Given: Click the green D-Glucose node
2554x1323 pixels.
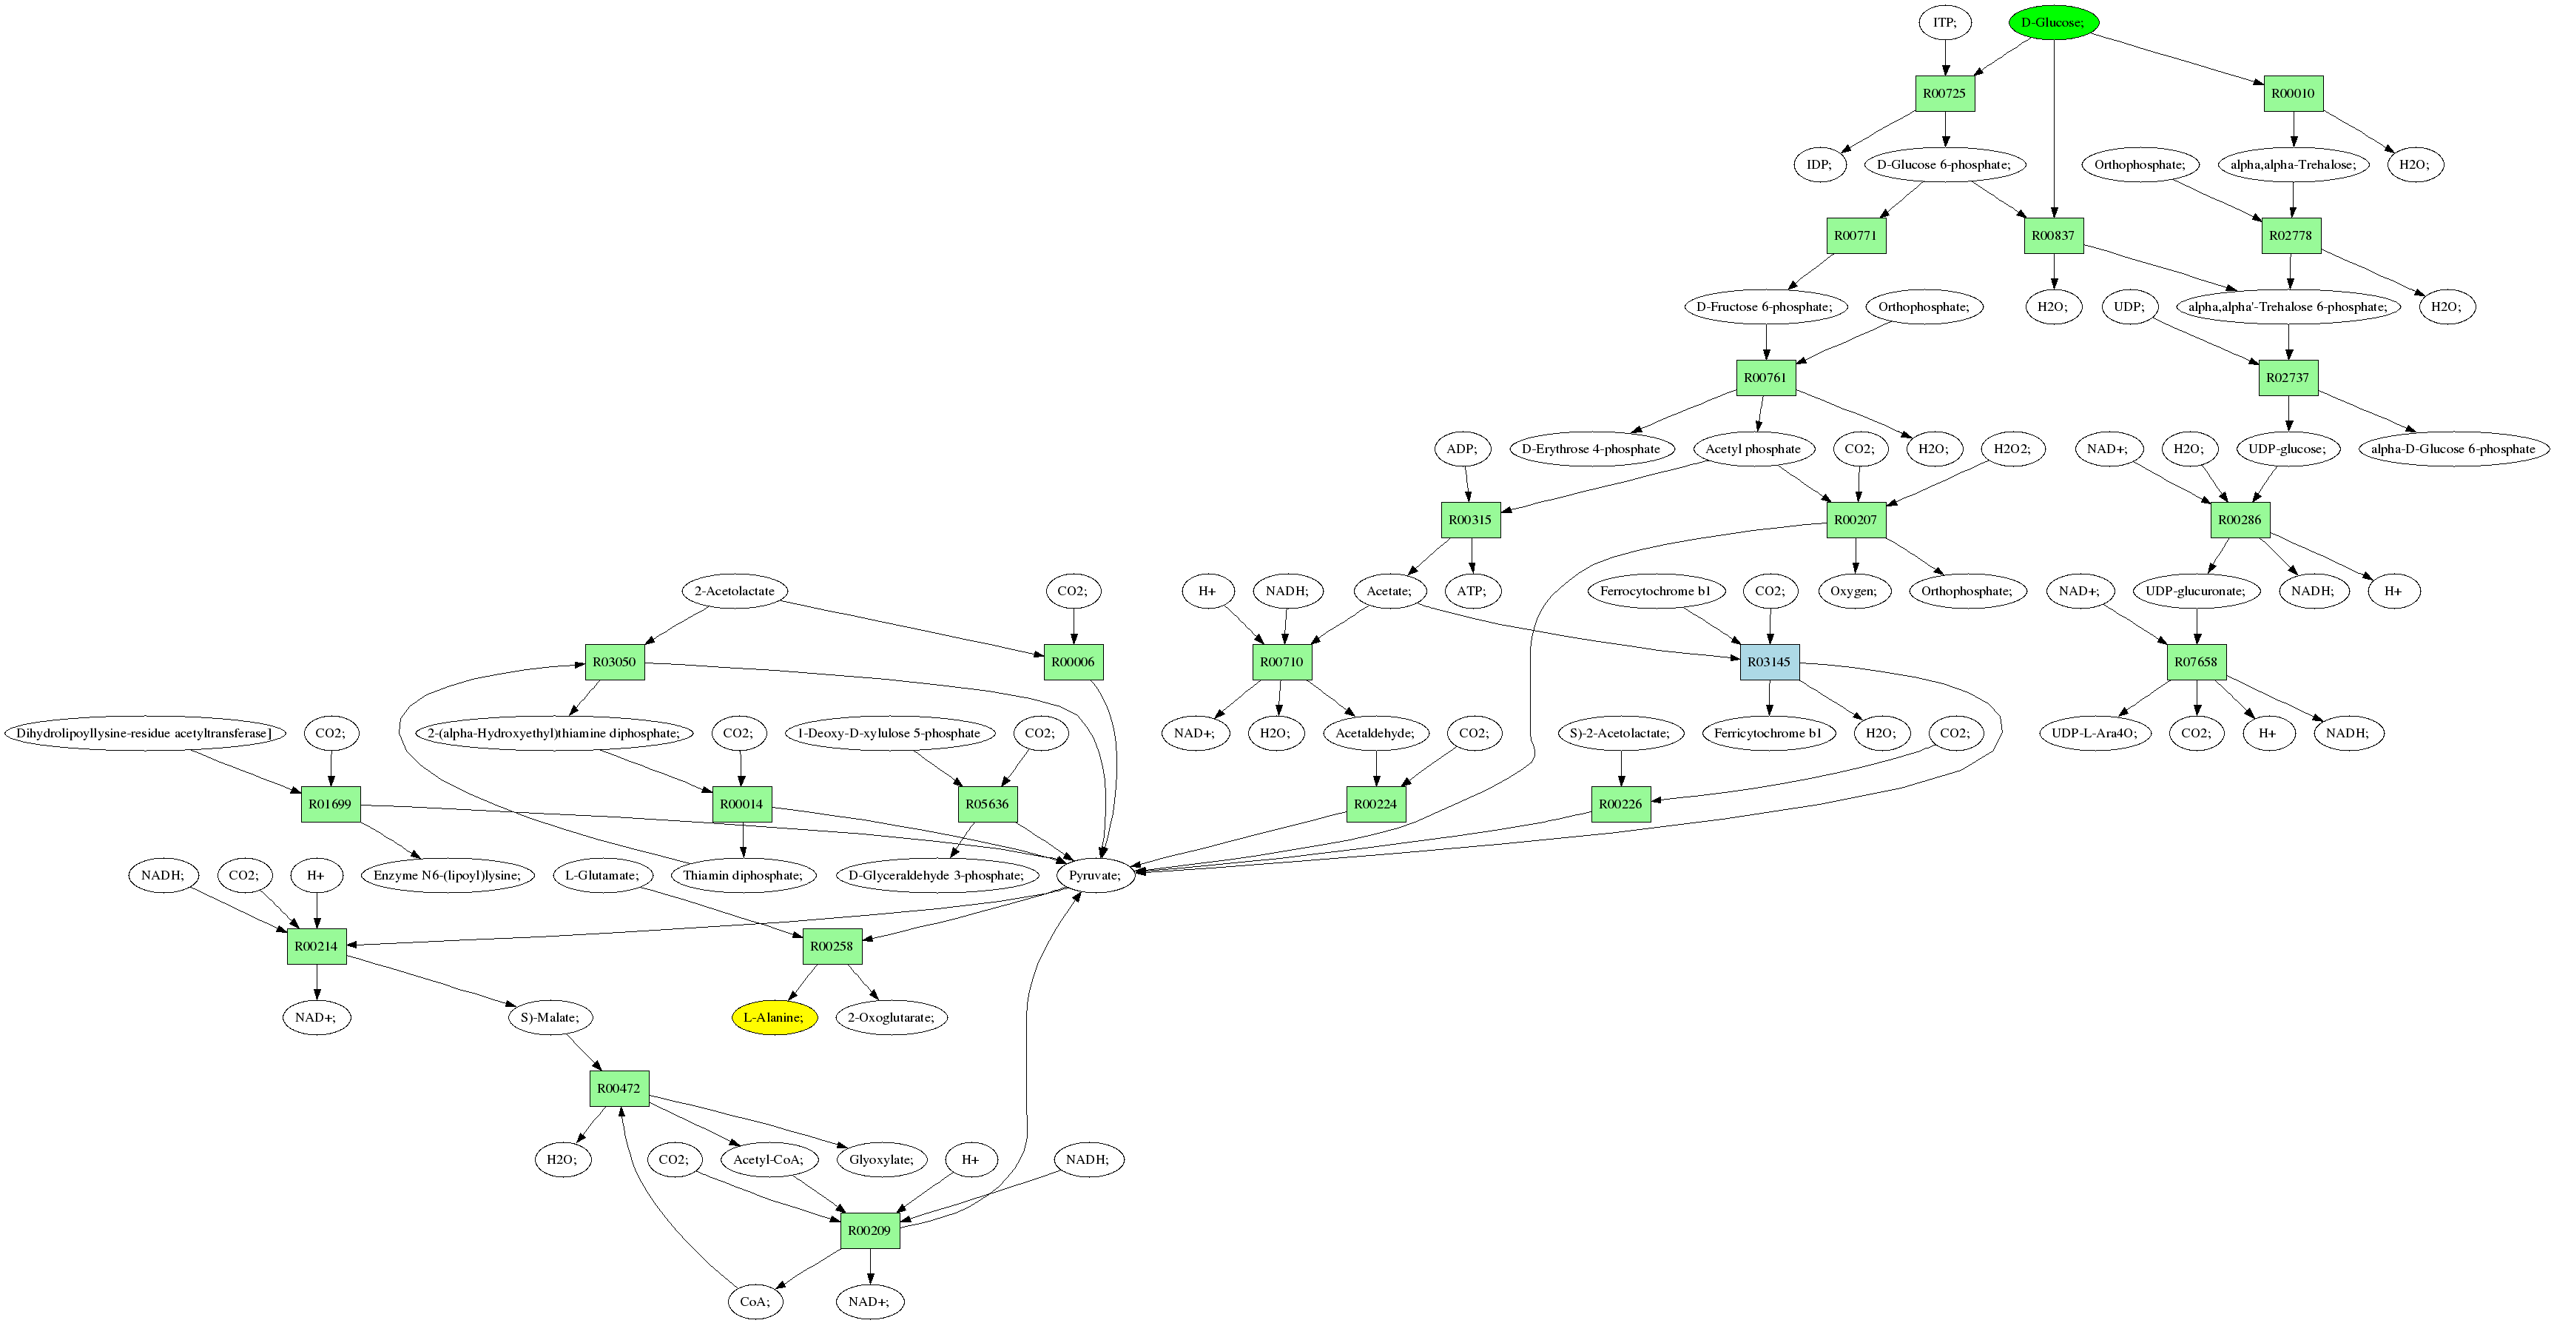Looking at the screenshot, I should click(x=2053, y=21).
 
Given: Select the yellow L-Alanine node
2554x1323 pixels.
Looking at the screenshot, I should click(x=775, y=1017).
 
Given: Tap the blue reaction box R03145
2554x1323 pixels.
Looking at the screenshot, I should click(x=1770, y=662).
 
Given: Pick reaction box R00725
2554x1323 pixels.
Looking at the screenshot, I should click(x=1944, y=93).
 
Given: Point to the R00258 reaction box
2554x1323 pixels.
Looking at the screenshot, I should click(x=832, y=946).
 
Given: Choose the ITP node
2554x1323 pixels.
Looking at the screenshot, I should click(x=1944, y=21).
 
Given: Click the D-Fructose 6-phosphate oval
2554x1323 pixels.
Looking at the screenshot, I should click(x=1765, y=307).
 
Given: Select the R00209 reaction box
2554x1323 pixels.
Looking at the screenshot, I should click(x=869, y=1230).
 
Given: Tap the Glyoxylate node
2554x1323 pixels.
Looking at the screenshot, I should click(x=881, y=1159).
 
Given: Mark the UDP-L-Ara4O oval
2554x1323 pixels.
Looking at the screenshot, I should click(x=2094, y=733).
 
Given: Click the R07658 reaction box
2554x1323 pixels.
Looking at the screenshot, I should click(x=2196, y=662).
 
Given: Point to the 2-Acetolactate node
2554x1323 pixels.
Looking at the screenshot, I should click(x=735, y=591).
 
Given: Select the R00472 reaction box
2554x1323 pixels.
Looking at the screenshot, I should click(x=619, y=1088).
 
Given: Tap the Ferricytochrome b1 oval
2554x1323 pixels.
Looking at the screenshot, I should click(x=1768, y=733).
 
